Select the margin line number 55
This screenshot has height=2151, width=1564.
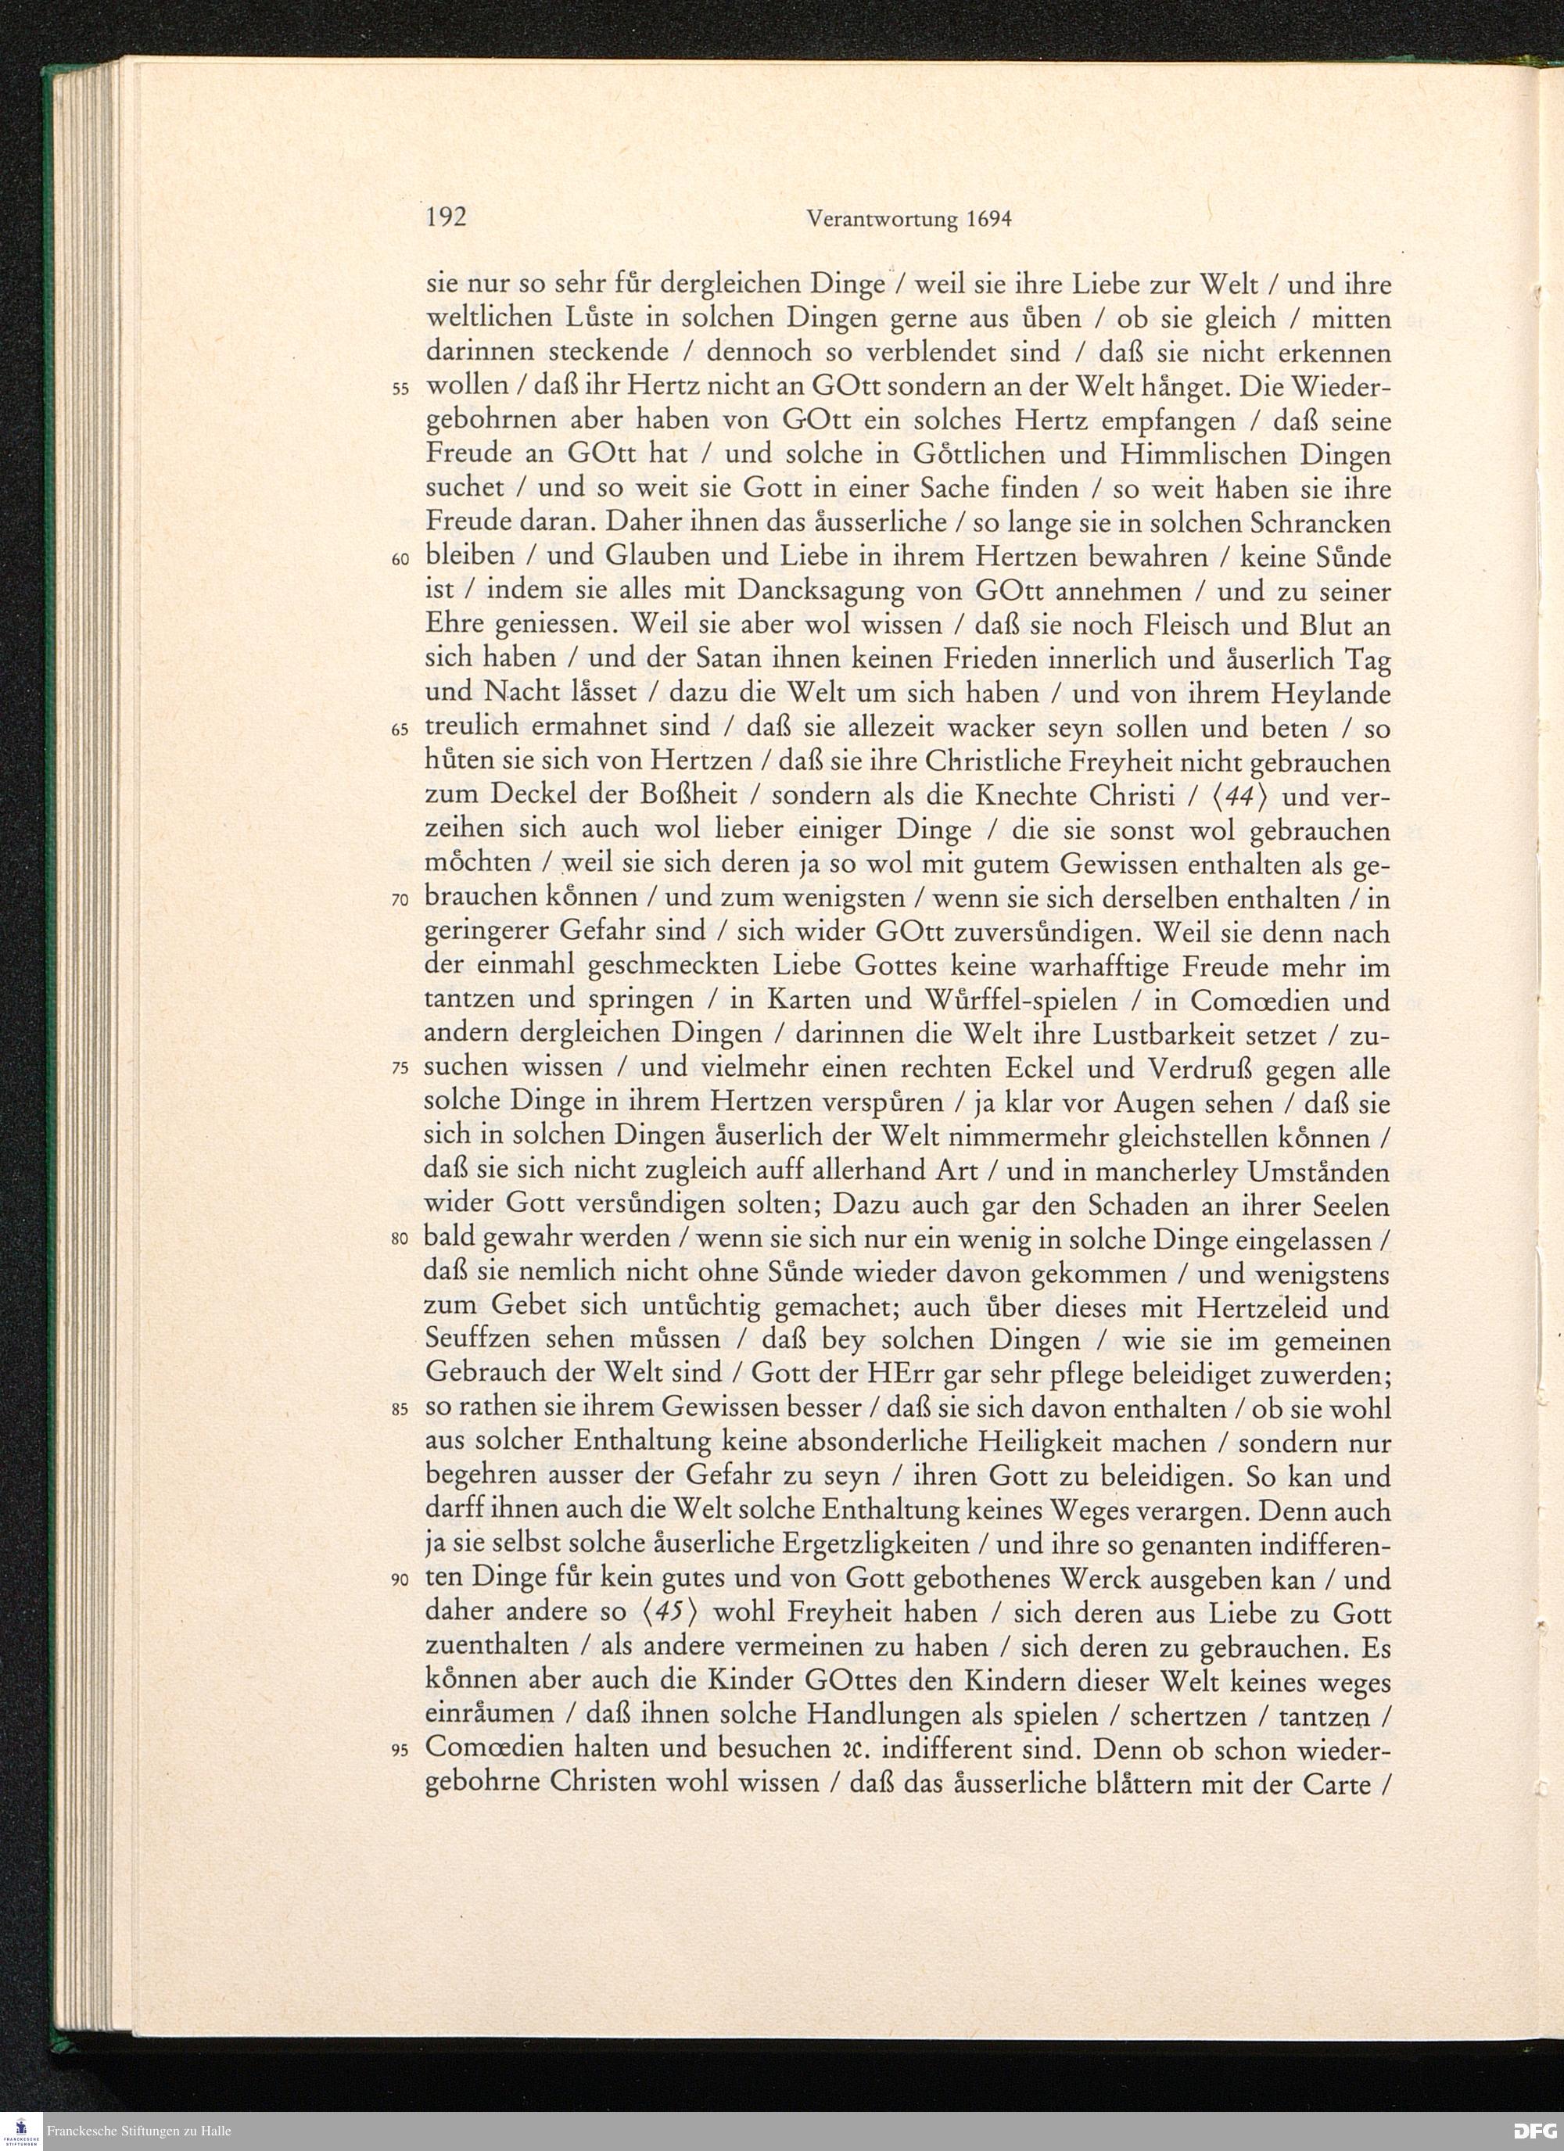400,391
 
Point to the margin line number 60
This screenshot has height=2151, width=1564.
400,560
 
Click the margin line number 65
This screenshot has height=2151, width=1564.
400,730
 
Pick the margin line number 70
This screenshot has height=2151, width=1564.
400,900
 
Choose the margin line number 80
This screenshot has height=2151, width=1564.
400,1241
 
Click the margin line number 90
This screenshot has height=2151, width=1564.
400,1581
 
